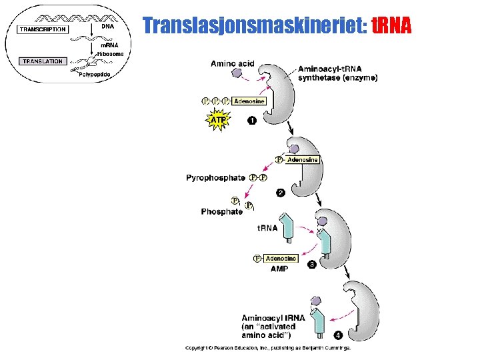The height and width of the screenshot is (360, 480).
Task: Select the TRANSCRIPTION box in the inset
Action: coord(43,29)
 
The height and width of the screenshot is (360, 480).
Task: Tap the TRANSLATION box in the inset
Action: coord(42,61)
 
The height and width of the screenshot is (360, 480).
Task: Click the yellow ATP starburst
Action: coord(218,120)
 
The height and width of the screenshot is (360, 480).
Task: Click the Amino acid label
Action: coord(232,64)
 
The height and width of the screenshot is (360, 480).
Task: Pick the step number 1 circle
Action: coord(252,121)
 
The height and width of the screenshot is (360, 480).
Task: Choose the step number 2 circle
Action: coord(281,193)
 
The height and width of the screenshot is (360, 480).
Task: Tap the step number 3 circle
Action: coord(312,265)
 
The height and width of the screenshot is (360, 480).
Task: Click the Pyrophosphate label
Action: coord(215,178)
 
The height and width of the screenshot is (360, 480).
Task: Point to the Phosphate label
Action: coord(222,211)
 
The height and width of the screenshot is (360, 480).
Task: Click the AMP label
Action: coord(279,269)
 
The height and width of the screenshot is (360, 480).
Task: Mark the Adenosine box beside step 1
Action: coord(249,101)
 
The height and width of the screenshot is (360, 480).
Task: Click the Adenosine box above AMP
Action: coord(281,258)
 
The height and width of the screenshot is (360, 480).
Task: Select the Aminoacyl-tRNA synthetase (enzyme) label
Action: coord(337,73)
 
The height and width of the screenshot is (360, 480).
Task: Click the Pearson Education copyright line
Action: coord(267,347)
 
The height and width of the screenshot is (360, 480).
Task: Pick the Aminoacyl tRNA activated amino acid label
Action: coord(273,327)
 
